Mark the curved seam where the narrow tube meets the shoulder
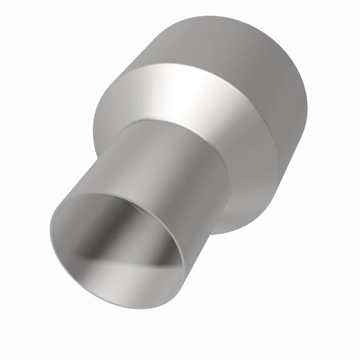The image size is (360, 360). (180, 124)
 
